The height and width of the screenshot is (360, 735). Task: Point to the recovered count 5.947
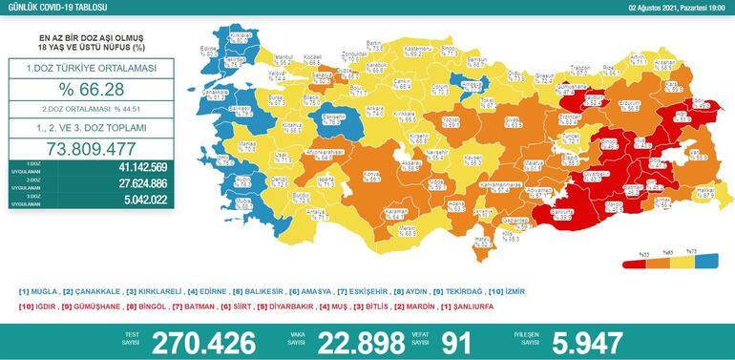[581, 342]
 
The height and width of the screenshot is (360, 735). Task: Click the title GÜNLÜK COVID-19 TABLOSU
[47, 7]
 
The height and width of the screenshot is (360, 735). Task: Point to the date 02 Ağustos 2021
[673, 7]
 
